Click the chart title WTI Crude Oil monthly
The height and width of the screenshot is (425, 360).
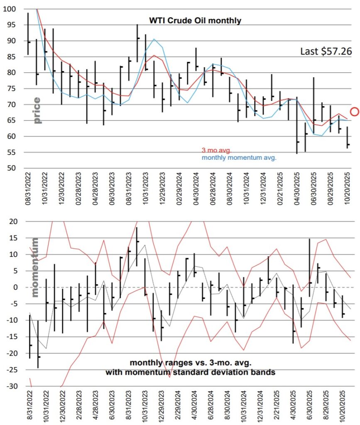point(195,20)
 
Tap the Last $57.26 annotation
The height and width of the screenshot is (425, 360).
point(326,51)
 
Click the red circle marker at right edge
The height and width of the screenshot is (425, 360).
point(354,111)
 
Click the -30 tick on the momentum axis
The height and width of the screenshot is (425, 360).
point(10,386)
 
